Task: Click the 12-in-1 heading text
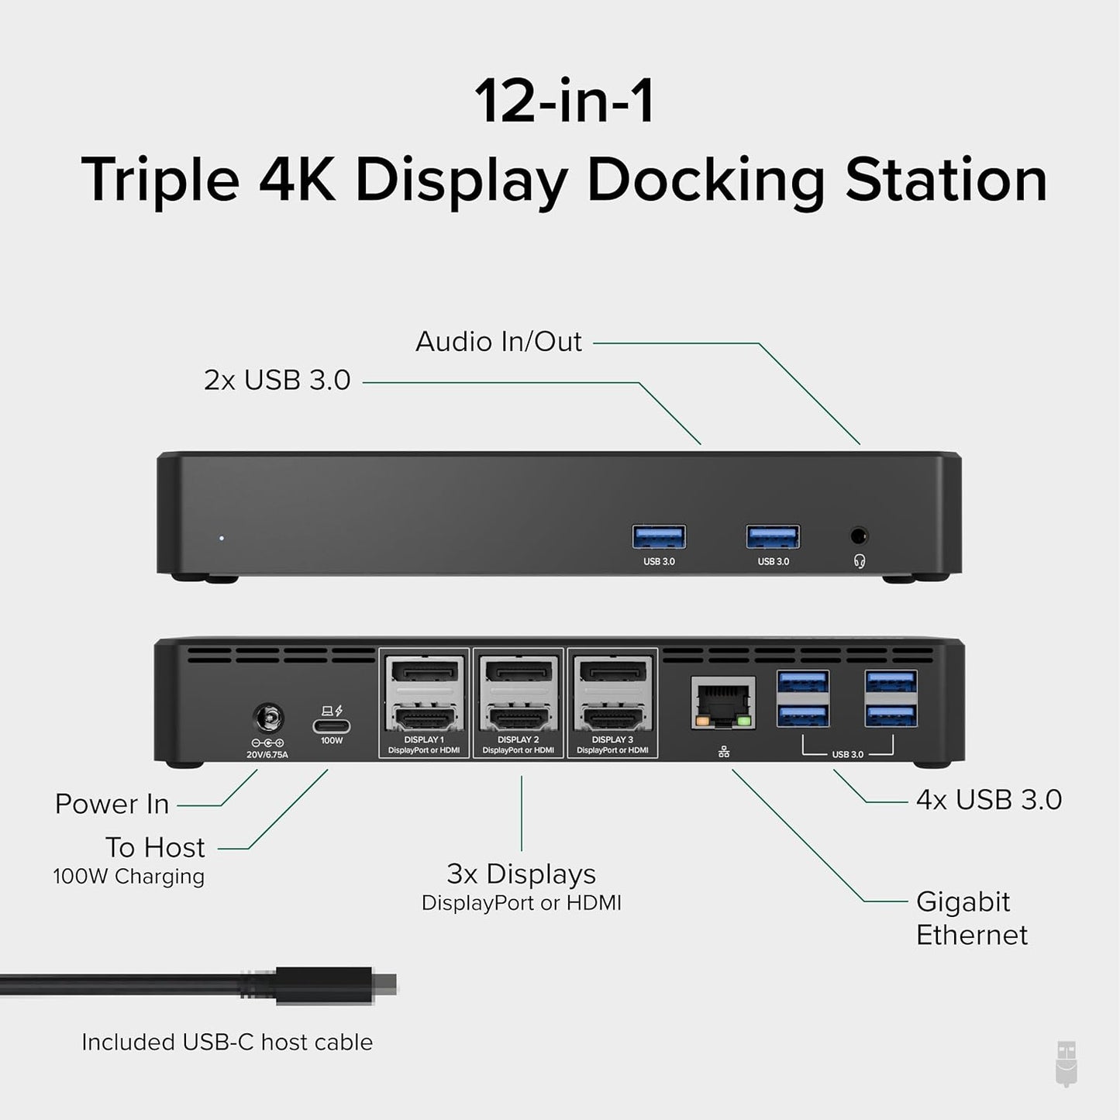(x=564, y=102)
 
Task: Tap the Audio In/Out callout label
(x=498, y=342)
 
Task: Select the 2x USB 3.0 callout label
(x=277, y=381)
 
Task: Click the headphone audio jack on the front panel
(x=859, y=536)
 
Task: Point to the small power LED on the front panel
(x=222, y=537)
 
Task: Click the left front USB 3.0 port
(x=659, y=536)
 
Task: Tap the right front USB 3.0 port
(x=773, y=536)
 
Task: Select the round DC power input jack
(x=268, y=719)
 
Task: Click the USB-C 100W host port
(x=332, y=726)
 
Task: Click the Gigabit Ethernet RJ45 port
(x=723, y=704)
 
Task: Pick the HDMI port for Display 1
(x=424, y=719)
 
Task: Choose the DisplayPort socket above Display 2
(x=519, y=671)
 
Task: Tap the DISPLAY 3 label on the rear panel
(x=612, y=739)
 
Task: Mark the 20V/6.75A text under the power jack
(x=268, y=754)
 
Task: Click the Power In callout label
(x=112, y=805)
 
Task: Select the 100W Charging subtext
(x=129, y=877)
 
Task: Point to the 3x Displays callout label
(x=521, y=874)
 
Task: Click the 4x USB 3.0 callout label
(x=988, y=800)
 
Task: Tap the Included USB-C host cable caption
(x=227, y=1042)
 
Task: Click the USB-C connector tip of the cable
(x=384, y=984)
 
